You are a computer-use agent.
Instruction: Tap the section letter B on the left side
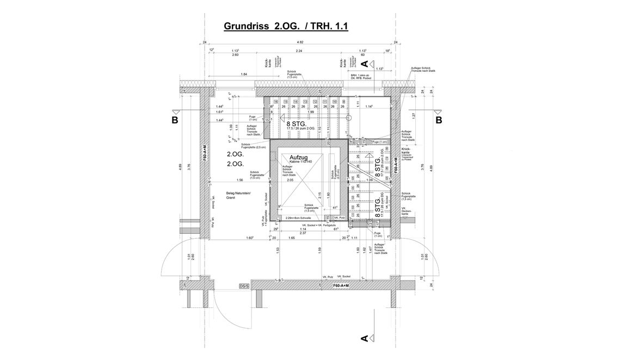tap(175, 121)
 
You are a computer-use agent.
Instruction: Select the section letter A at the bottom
tap(365, 338)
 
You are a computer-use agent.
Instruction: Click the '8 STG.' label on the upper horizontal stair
tap(298, 123)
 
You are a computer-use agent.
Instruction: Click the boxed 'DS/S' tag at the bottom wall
tap(244, 285)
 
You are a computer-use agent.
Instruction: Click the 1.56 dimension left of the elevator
tap(239, 180)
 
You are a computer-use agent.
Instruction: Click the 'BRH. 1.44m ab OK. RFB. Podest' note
tap(361, 77)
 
